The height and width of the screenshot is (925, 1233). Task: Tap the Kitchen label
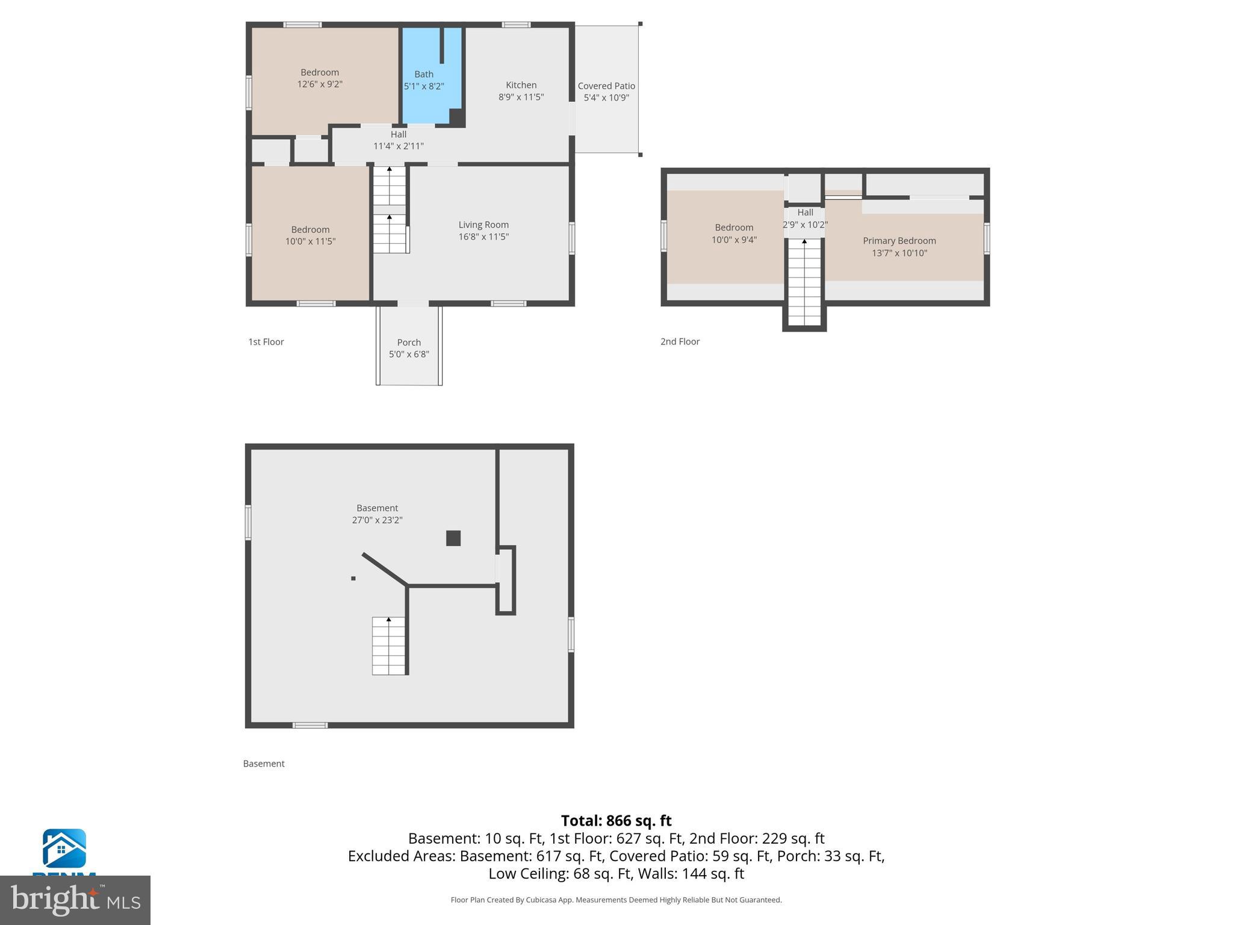coord(521,85)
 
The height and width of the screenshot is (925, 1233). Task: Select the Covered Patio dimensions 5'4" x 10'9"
coord(606,98)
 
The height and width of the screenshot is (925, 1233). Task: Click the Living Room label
coord(483,225)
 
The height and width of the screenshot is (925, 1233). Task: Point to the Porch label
coord(409,342)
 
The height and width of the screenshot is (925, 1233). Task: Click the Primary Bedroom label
coord(899,240)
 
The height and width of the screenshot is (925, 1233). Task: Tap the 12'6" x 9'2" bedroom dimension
coord(320,84)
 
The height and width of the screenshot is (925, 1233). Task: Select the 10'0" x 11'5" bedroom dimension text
coord(310,241)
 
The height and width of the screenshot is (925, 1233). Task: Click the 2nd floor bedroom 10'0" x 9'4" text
coord(734,240)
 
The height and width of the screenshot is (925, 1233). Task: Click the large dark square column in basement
coord(453,538)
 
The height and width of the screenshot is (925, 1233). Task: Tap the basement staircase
coord(388,646)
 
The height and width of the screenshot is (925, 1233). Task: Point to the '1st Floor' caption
coord(266,341)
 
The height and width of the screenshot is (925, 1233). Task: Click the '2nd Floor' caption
coord(680,341)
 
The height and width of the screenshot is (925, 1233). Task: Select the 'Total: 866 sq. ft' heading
coord(616,821)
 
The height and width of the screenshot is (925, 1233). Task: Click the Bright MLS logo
coord(75,900)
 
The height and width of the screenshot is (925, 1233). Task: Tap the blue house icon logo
coord(64,848)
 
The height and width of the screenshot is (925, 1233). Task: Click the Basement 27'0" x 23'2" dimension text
coord(377,520)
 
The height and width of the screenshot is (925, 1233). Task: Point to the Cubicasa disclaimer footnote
coord(616,900)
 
